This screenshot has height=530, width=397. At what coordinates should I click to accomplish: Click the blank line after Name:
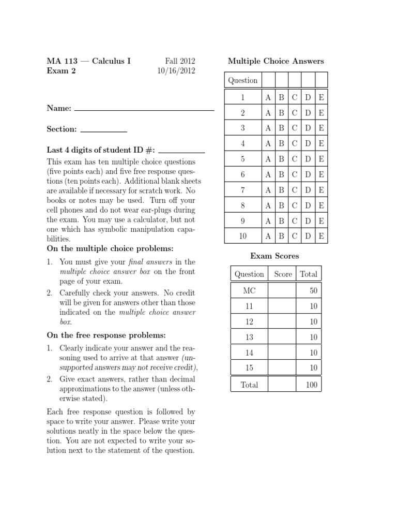click(144, 109)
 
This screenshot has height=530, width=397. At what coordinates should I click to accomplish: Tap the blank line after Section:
click(104, 130)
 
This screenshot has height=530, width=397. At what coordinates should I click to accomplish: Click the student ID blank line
click(181, 152)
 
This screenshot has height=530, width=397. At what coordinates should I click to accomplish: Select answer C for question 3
click(295, 128)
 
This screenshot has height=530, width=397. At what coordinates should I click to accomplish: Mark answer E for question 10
click(322, 237)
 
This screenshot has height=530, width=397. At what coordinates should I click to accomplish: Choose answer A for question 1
click(268, 97)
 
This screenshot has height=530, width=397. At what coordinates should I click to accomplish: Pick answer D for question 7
click(308, 190)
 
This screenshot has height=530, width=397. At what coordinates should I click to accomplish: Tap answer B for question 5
click(281, 159)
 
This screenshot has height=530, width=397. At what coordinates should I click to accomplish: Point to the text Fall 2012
click(180, 61)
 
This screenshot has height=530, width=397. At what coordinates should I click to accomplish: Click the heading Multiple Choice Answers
click(276, 61)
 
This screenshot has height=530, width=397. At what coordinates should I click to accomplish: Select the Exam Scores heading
click(274, 256)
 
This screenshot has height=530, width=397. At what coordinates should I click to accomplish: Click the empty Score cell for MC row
click(283, 291)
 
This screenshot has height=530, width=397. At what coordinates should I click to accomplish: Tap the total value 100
click(311, 385)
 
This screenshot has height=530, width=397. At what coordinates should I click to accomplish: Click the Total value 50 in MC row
click(313, 291)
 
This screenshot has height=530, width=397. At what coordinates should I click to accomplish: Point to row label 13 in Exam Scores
click(249, 337)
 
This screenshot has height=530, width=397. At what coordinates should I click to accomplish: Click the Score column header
click(283, 274)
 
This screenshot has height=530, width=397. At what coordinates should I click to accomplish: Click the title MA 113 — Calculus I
click(89, 61)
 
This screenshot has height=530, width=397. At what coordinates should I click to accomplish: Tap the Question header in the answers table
click(242, 80)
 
